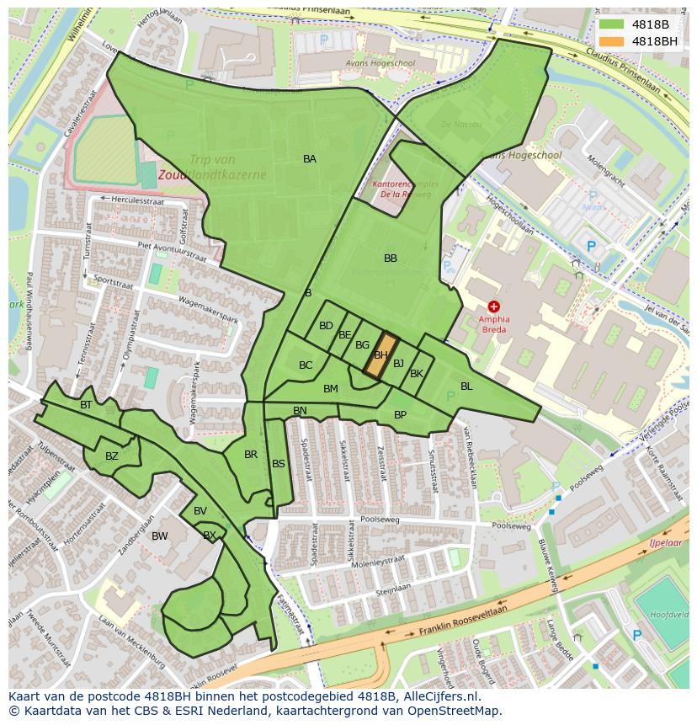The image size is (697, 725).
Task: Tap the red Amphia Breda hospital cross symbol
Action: click(x=493, y=308)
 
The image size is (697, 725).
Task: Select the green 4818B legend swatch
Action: click(x=611, y=24)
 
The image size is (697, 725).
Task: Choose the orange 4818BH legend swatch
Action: click(x=611, y=40)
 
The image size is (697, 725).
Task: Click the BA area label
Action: click(x=310, y=158)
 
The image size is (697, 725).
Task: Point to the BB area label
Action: click(x=391, y=259)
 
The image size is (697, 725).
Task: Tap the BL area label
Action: click(x=466, y=386)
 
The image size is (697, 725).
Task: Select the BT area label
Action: click(x=86, y=405)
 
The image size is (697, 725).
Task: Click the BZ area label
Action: click(x=112, y=456)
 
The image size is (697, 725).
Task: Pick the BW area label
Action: click(x=159, y=536)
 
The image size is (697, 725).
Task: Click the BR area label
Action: click(x=251, y=455)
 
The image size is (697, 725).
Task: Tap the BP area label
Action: click(x=400, y=414)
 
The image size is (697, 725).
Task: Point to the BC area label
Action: click(x=306, y=365)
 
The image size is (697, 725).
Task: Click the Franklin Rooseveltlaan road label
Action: click(x=463, y=621)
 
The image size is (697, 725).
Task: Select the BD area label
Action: click(x=326, y=326)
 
